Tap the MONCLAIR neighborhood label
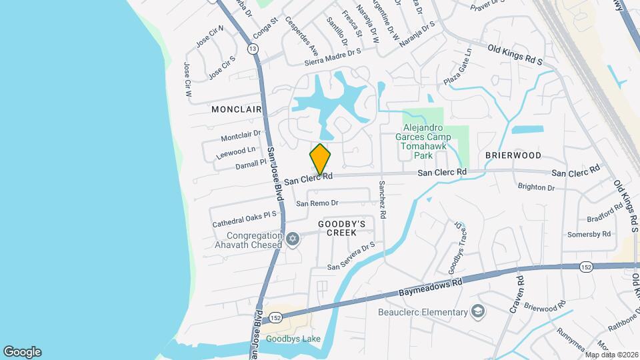(x=237, y=108)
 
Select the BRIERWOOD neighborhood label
(x=513, y=155)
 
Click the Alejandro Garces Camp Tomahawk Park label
(x=427, y=142)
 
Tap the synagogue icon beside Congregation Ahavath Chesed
(x=293, y=239)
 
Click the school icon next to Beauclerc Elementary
(x=478, y=311)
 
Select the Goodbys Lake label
(x=294, y=339)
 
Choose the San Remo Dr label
(x=317, y=203)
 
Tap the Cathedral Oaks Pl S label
(x=244, y=219)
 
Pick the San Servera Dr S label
(x=351, y=257)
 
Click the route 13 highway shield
(x=252, y=49)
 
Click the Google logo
(x=22, y=352)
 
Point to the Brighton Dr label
(x=536, y=188)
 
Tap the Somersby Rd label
(x=589, y=234)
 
